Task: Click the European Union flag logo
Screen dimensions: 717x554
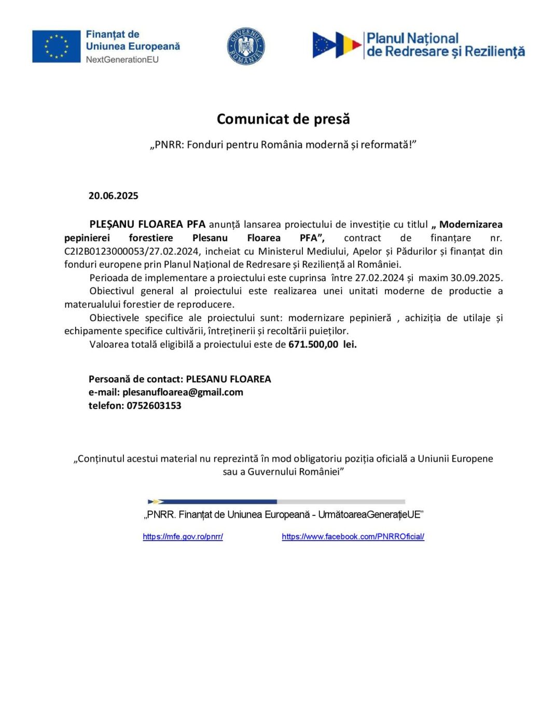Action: pos(56,46)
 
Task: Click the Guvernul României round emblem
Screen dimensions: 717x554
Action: pos(246,46)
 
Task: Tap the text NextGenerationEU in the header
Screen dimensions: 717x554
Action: pos(122,60)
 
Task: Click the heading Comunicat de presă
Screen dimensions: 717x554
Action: pos(283,119)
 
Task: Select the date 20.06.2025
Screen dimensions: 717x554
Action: pos(113,196)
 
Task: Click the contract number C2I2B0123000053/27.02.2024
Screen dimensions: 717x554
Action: pos(132,251)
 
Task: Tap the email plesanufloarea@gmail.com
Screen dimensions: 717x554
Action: pos(183,392)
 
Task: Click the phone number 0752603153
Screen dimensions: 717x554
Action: pos(154,405)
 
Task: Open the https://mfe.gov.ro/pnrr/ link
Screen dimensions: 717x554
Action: pos(183,536)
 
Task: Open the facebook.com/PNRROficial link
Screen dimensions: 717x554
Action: pos(353,536)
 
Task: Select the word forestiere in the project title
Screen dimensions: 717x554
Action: pos(151,238)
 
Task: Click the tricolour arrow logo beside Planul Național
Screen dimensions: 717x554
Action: pos(337,45)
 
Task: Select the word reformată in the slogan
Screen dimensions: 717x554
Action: pos(385,144)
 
